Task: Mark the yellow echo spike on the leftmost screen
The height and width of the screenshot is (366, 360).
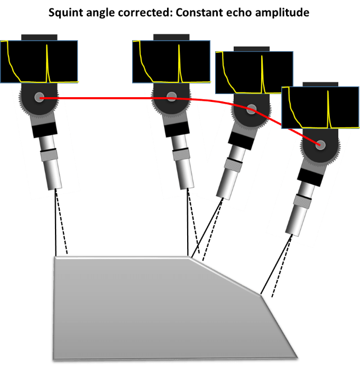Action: coord(47,63)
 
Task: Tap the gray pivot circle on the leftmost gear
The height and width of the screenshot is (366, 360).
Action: coord(40,97)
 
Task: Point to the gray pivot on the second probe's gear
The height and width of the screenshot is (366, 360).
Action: coord(171,97)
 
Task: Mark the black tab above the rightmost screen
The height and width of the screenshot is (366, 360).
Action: coord(319,84)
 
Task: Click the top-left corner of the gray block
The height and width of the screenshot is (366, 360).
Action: coord(53,258)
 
